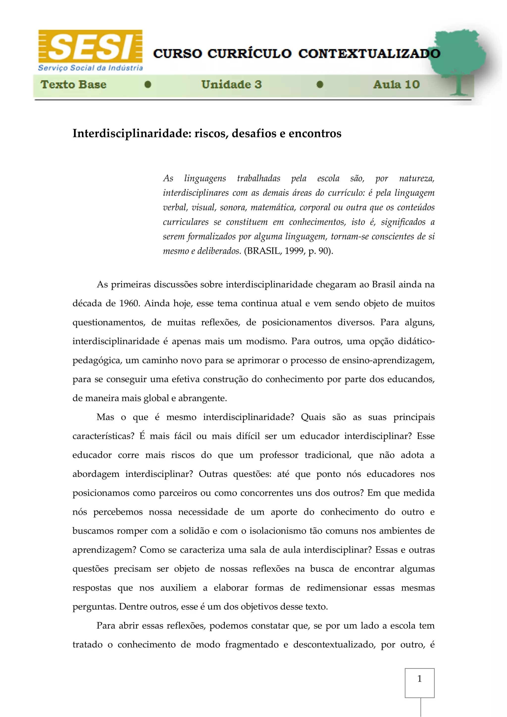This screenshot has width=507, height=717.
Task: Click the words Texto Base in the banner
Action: click(x=74, y=85)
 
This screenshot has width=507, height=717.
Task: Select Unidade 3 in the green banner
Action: click(x=231, y=85)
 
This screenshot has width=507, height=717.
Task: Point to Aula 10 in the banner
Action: click(x=396, y=85)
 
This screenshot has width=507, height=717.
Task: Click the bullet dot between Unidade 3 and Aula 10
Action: click(x=320, y=85)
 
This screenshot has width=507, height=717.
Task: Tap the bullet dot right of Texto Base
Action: click(x=148, y=85)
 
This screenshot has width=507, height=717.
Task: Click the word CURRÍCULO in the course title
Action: click(x=249, y=54)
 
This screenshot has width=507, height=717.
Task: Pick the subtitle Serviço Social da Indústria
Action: click(x=90, y=68)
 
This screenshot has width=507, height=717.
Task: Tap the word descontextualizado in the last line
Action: click(x=334, y=645)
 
